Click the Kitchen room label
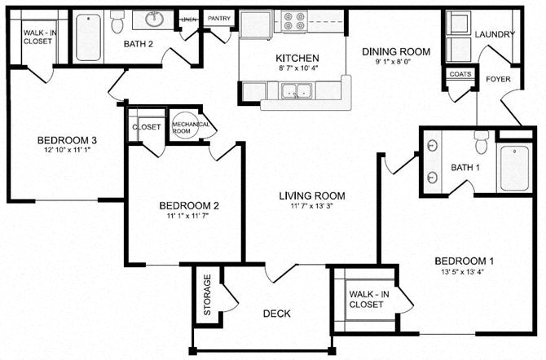[297, 59]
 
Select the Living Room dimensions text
[311, 208]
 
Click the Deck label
[277, 314]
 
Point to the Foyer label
[498, 79]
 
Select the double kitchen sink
[295, 92]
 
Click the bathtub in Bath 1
[514, 168]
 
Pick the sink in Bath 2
[152, 19]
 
